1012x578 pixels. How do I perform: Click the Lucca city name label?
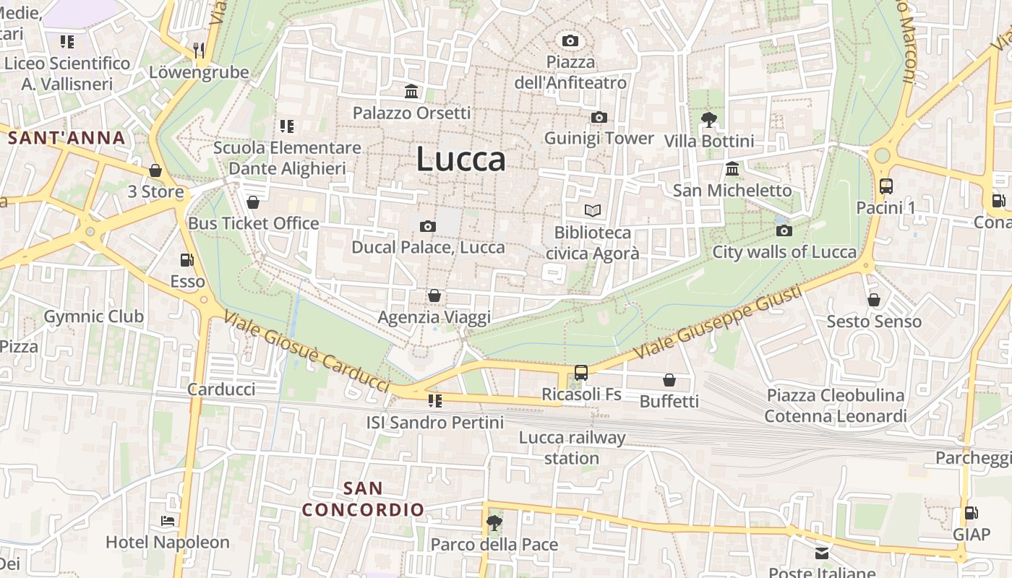point(460,160)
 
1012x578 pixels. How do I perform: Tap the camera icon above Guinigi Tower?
point(599,118)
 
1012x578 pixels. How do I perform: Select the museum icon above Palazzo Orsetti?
point(412,91)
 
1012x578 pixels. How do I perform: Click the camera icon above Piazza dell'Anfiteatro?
point(570,40)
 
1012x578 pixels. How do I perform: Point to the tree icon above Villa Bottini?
point(709,120)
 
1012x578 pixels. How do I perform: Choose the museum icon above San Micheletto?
point(732,169)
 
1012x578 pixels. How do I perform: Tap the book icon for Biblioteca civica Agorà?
point(593,211)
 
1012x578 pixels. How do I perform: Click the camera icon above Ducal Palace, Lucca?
point(428,227)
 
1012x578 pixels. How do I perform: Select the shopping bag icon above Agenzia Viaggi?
point(434,296)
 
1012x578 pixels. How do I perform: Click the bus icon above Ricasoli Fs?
point(581,373)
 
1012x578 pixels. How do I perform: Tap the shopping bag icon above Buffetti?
point(669,380)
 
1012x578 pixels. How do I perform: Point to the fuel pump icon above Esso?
point(187,260)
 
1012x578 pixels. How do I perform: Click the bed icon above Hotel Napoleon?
point(168,521)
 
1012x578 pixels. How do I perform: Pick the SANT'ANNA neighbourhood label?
point(67,138)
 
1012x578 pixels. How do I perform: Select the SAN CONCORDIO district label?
point(363,499)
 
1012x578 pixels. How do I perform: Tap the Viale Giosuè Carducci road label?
point(306,353)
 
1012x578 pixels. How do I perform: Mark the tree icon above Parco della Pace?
point(494,522)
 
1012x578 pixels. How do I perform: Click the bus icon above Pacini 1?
point(886,186)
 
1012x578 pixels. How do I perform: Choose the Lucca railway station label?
point(572,448)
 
